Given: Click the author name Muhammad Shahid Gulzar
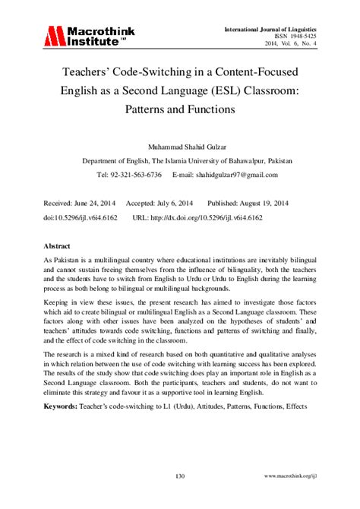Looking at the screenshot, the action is click(x=180, y=146).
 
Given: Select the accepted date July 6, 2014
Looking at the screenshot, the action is click(x=182, y=204).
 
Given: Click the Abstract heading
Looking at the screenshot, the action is click(x=58, y=247).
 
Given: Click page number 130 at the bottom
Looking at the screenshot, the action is click(x=180, y=476).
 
